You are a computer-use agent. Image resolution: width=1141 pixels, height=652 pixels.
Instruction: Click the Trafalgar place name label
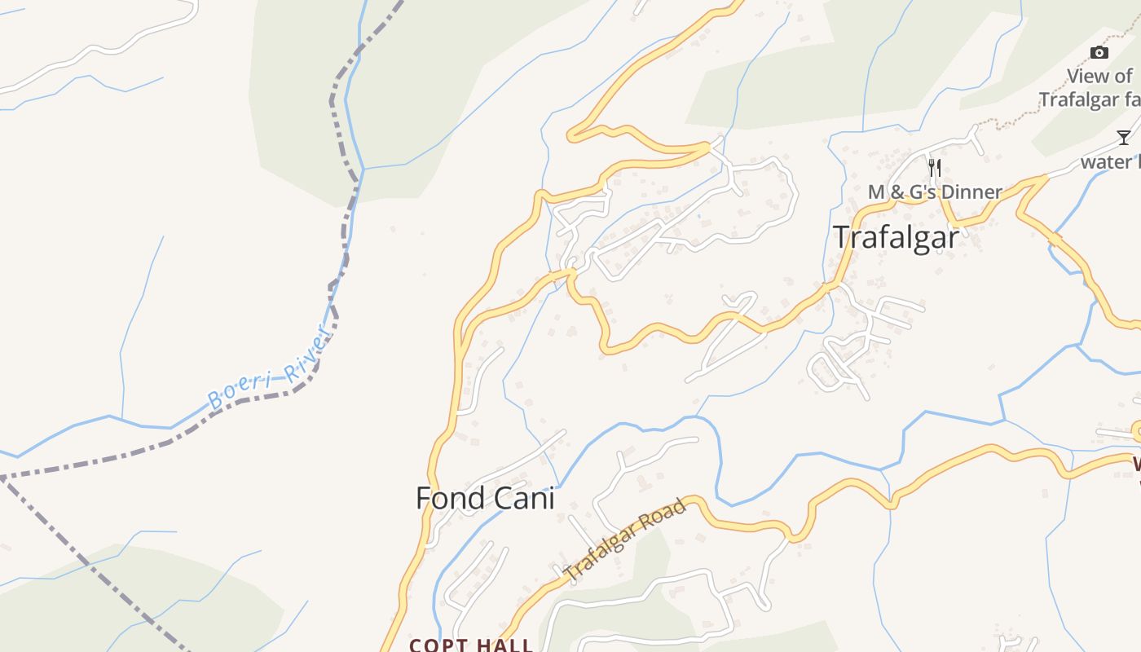pos(896,237)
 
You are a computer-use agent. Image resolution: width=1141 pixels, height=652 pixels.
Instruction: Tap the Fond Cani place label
pos(485,498)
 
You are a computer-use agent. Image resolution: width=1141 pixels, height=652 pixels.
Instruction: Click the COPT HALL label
pos(471,645)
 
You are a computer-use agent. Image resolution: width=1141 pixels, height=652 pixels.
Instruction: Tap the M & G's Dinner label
pos(935,192)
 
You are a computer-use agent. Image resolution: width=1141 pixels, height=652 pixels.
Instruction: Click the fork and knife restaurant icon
pos(935,168)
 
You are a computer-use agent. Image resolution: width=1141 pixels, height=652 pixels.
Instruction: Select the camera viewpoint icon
pos(1099,53)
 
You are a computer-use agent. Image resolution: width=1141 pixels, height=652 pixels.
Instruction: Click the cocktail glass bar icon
pos(1124,137)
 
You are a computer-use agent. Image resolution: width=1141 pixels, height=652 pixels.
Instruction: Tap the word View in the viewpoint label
pos(1089,77)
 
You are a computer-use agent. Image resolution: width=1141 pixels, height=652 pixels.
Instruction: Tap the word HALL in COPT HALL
pos(504,645)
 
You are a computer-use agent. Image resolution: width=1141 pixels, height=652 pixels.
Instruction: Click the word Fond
pos(447,498)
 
